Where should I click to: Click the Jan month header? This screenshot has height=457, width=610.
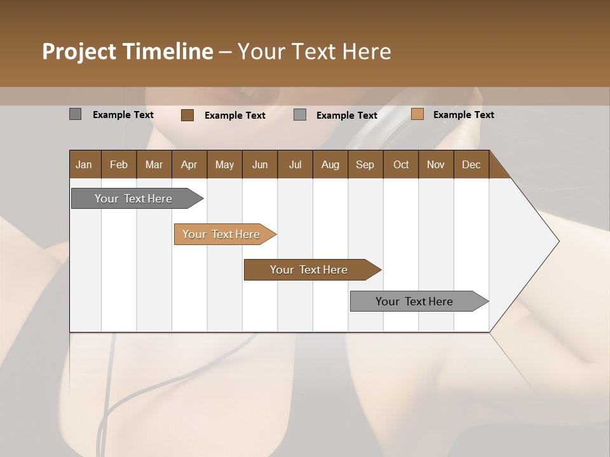[85, 164]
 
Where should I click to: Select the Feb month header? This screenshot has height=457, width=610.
[119, 164]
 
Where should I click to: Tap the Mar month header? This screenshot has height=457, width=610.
[154, 164]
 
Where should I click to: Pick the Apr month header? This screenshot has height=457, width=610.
[189, 164]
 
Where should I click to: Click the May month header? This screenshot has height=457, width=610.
[224, 164]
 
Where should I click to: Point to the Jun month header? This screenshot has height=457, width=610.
[260, 164]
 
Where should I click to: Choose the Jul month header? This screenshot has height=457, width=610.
[295, 164]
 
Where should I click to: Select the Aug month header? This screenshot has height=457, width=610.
[330, 164]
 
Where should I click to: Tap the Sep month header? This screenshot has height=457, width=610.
[365, 164]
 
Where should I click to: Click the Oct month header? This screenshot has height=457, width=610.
[401, 164]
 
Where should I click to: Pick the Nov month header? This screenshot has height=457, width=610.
[436, 164]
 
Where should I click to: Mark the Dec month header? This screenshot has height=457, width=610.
[471, 164]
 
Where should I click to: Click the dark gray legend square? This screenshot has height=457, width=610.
[75, 114]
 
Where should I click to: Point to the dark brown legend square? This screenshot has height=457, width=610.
[187, 115]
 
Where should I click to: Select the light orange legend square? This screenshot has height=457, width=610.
[417, 114]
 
